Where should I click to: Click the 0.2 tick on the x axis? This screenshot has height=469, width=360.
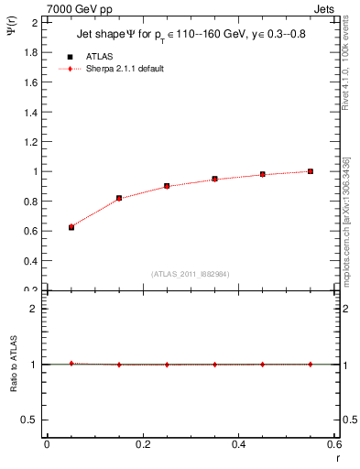(x=142, y=444)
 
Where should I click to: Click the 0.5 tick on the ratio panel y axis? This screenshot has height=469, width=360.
(x=36, y=420)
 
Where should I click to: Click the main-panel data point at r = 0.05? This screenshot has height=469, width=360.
(x=71, y=227)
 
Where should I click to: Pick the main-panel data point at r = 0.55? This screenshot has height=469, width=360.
(x=311, y=171)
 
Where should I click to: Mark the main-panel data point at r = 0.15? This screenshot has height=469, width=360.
(x=119, y=198)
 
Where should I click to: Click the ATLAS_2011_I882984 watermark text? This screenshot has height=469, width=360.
(x=191, y=274)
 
